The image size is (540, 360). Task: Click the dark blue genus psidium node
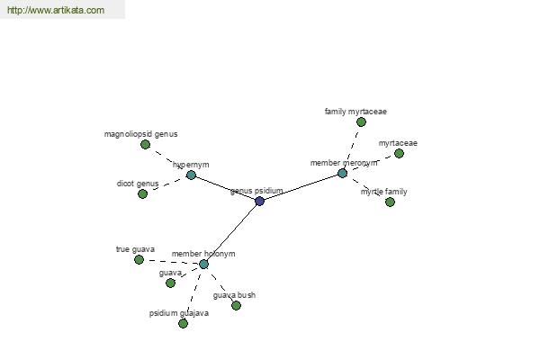point(260,202)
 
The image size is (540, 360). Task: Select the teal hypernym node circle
point(191,175)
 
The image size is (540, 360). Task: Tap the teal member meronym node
point(342,173)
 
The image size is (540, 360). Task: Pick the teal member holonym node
point(203,265)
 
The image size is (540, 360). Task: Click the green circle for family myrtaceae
point(361,122)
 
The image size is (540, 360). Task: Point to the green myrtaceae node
point(399,153)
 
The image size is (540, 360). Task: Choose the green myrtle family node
point(390,202)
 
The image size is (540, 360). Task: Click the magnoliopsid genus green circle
point(145,144)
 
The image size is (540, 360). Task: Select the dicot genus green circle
point(142,194)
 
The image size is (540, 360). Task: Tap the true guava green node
point(139,259)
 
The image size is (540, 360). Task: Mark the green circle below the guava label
point(170,283)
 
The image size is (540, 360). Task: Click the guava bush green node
point(236,305)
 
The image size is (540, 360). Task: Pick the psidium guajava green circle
point(184,323)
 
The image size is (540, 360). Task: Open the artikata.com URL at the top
point(56,10)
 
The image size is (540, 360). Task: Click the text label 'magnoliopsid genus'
point(141,134)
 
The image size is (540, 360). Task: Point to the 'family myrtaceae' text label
point(355,112)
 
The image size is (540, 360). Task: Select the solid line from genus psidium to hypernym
point(226,188)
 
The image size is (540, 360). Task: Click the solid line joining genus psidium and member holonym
point(231,233)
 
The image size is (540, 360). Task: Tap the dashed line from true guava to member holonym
point(171,262)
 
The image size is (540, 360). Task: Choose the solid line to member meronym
point(301,187)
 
